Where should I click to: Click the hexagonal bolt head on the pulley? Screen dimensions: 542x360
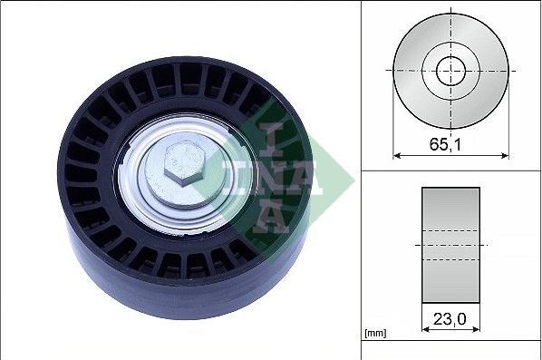(x=184, y=164)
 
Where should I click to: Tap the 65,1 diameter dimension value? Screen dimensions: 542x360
(x=445, y=144)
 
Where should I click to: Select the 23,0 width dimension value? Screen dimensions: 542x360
(x=450, y=318)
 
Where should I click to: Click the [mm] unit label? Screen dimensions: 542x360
(x=375, y=334)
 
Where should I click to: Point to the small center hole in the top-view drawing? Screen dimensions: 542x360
(x=450, y=71)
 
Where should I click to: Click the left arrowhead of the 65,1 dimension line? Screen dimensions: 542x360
(x=397, y=156)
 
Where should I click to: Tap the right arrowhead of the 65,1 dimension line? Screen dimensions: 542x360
(x=505, y=156)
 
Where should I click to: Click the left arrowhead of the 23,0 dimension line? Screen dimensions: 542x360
(x=425, y=329)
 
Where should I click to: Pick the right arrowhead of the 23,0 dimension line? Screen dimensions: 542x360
(x=476, y=329)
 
